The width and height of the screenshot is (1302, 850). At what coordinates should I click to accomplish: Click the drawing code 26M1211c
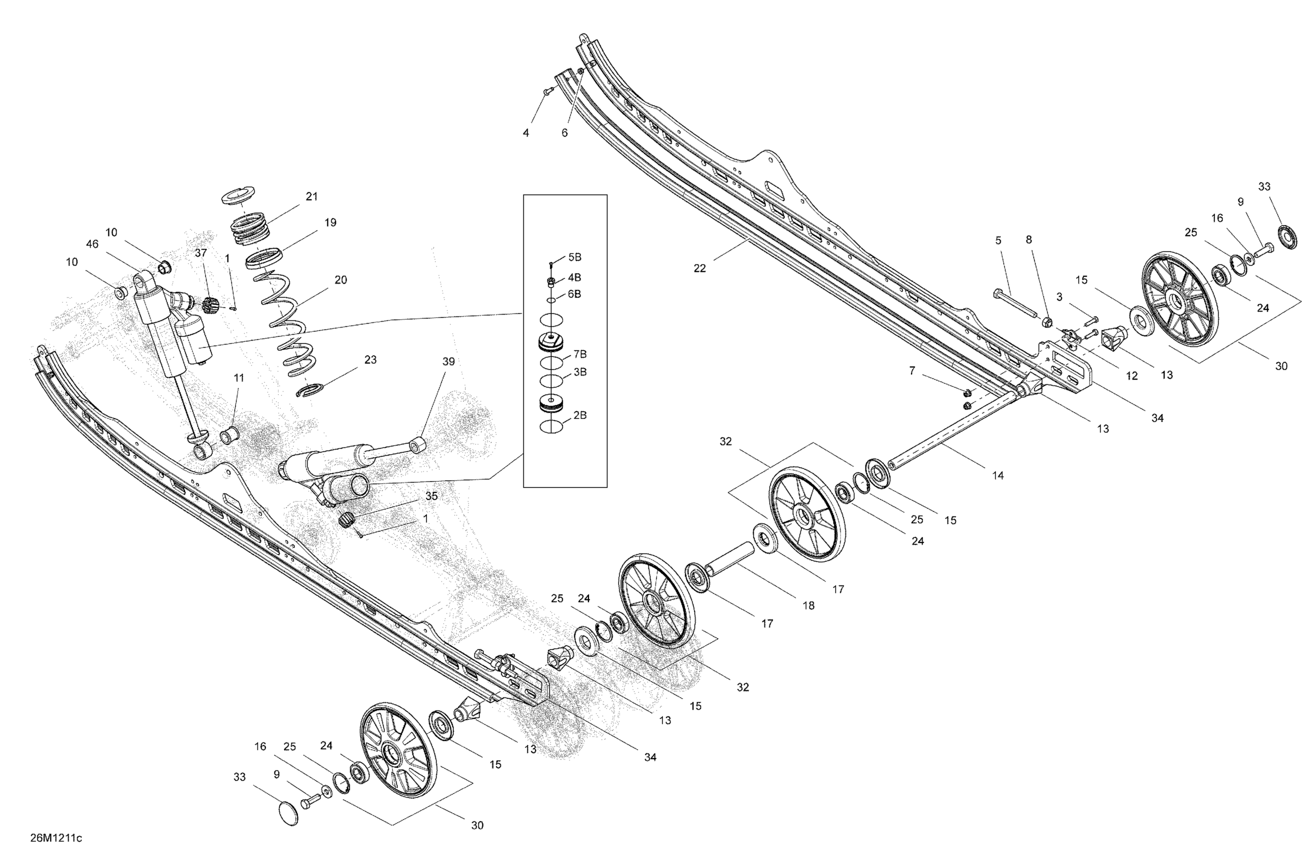[56, 838]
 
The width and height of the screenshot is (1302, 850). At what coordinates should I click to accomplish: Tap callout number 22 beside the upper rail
[699, 268]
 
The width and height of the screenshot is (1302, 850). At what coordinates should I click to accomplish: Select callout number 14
[998, 475]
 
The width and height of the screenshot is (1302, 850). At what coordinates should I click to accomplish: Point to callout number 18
[808, 605]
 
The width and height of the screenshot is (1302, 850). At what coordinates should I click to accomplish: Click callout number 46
[92, 244]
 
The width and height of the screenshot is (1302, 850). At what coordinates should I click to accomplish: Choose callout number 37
[201, 252]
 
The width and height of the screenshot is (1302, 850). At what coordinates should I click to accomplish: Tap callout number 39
[448, 361]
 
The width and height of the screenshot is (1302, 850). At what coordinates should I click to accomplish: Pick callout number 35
[431, 496]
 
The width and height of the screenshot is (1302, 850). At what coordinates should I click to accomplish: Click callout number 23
[370, 360]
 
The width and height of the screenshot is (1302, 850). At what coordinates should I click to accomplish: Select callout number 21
[312, 196]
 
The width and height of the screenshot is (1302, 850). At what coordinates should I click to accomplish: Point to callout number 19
[330, 222]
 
